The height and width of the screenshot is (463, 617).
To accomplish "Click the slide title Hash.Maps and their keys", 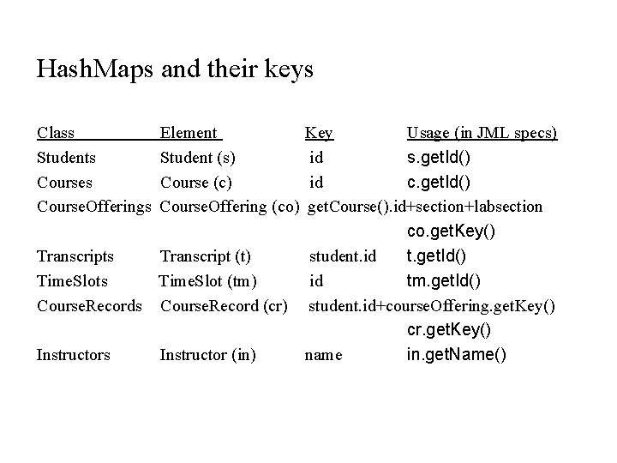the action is point(175,69).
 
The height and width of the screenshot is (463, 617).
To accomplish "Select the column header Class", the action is point(56,133).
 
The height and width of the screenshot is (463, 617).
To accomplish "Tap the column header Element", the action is point(189,133).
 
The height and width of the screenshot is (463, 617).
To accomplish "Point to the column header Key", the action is point(320,133).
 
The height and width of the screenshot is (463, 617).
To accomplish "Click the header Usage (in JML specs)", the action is point(482,133).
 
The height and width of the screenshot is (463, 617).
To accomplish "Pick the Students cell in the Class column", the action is point(66,158).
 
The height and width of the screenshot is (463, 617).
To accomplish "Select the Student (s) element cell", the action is point(198,158).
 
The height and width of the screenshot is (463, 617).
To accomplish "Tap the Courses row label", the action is point(64,182).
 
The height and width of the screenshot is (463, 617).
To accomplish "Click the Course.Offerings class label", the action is point(94,207).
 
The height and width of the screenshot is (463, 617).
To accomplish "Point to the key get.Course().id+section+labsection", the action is point(424,207).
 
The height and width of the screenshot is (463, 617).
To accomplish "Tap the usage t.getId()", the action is point(437,256).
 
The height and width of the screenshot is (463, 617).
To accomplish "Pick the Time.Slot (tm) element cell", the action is point(208,280).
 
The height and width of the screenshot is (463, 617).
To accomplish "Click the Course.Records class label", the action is point(89,304).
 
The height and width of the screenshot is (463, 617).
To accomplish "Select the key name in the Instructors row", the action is point(323,354).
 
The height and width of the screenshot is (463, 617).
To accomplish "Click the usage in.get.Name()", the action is point(456,354).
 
